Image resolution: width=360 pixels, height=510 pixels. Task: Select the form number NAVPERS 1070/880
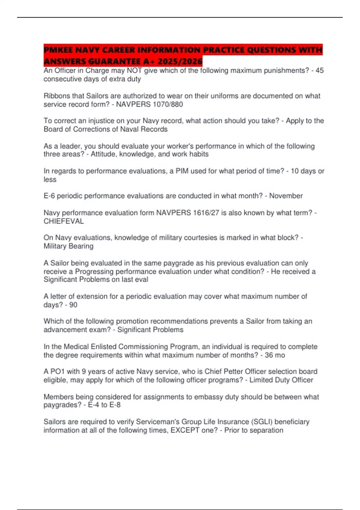click(149, 104)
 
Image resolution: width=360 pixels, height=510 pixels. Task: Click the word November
click(286, 196)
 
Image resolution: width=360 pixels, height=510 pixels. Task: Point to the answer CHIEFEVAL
click(64, 221)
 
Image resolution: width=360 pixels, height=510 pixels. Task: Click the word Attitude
click(103, 154)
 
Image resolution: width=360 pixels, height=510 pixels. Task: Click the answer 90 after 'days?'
click(73, 305)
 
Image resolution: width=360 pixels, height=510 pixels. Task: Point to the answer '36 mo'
click(275, 355)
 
